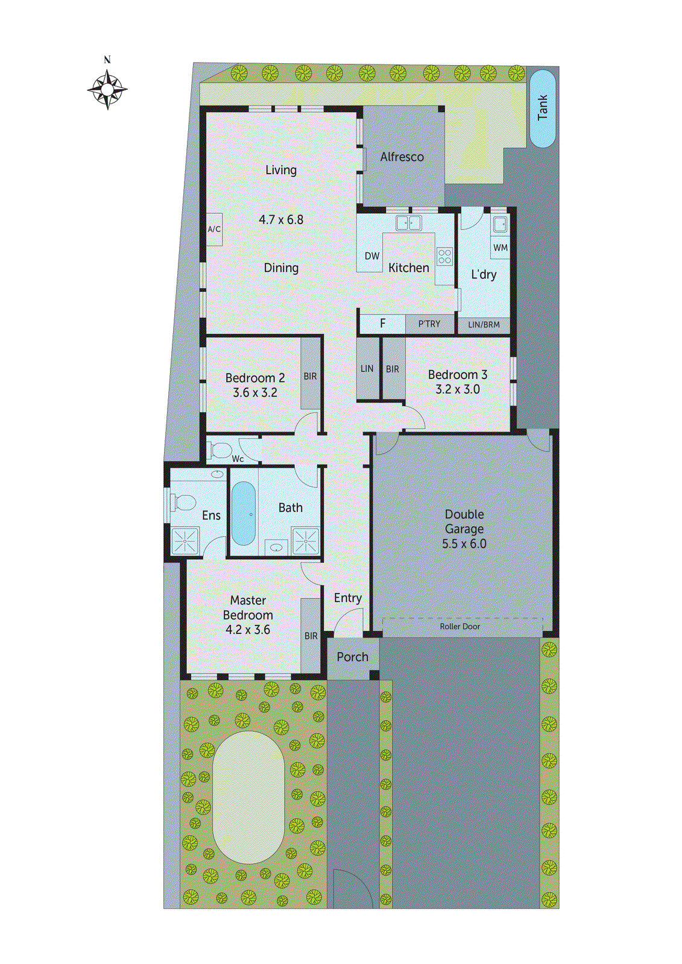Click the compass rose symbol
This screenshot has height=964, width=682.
107,90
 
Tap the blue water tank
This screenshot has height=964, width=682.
542,108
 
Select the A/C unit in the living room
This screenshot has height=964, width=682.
214,229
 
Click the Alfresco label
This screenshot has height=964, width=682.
402,157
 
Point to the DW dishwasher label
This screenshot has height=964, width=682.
372,256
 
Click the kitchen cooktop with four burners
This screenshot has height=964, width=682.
445,256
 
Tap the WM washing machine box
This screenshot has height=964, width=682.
500,248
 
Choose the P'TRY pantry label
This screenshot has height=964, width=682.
429,324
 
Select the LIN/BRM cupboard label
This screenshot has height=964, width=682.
484,325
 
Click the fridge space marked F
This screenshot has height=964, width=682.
382,324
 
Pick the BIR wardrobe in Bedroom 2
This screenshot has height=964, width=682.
310,376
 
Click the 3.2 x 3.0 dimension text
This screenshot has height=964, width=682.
458,390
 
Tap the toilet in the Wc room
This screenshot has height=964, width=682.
219,450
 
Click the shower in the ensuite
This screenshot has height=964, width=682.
185,540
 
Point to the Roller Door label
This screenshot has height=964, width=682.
459,627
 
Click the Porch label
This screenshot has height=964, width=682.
352,657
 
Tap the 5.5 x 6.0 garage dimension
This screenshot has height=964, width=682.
464,544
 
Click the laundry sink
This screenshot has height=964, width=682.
499,225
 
